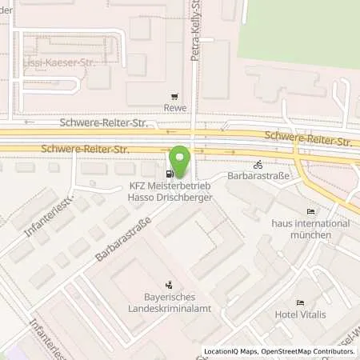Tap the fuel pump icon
(169, 174)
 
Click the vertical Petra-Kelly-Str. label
(194, 32)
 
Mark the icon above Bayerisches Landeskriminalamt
(168, 284)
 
